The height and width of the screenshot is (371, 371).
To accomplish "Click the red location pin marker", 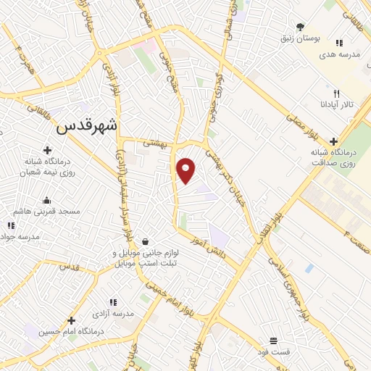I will coord(187,170).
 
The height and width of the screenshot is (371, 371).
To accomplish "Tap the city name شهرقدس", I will coord(86,126).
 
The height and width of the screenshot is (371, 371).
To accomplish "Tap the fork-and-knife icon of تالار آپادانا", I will coord(336,93).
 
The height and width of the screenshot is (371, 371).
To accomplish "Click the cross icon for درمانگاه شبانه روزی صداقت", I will coord(333,141).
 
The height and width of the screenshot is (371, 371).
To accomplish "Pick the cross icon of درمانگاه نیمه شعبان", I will coord(48,151).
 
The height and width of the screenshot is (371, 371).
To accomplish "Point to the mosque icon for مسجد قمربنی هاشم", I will coord(48,200).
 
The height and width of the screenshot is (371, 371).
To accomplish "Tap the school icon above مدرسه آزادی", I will coord(113,302).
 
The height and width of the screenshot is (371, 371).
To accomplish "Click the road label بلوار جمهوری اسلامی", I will coord(290,286).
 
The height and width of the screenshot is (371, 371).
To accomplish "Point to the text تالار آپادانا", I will coord(338,105).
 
